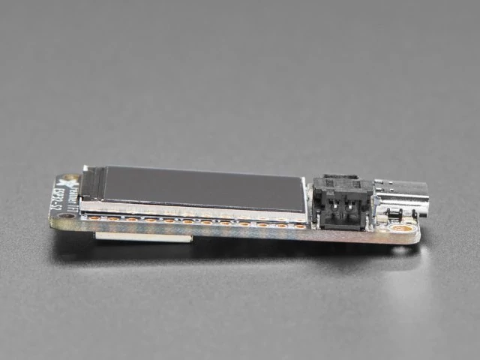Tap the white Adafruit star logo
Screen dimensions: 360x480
coord(70,182)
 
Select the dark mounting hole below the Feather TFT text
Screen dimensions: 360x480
coord(68,216)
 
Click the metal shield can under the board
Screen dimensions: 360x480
coord(142,238)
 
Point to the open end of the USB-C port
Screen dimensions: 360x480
coord(424,196)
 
